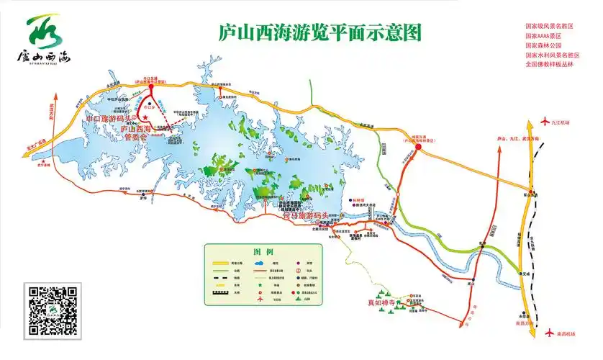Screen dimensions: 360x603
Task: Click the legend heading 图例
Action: tap(263, 253)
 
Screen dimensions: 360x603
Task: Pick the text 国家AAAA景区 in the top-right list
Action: tap(543, 36)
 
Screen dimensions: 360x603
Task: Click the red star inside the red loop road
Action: tap(145, 117)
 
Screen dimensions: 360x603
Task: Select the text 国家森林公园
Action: tap(544, 45)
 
